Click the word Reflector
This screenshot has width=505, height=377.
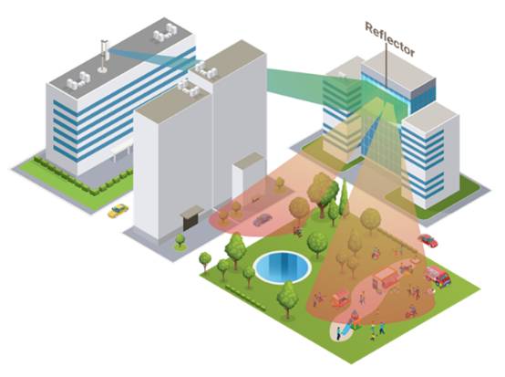click(390, 38)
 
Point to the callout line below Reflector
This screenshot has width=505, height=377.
click(386, 65)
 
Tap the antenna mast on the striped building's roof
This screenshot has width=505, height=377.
click(104, 56)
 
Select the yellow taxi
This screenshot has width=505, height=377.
click(118, 211)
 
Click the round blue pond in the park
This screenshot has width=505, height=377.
click(283, 267)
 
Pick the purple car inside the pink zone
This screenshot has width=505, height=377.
click(263, 220)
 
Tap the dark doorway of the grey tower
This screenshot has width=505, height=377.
click(190, 222)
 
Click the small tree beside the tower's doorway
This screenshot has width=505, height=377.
click(180, 241)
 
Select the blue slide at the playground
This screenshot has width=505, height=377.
click(347, 328)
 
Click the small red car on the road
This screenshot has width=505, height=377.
click(428, 240)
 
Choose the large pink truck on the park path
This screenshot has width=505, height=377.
click(386, 278)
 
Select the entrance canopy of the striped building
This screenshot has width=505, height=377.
click(122, 150)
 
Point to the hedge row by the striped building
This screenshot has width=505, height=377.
click(85, 177)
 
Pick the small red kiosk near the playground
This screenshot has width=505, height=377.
click(341, 298)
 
